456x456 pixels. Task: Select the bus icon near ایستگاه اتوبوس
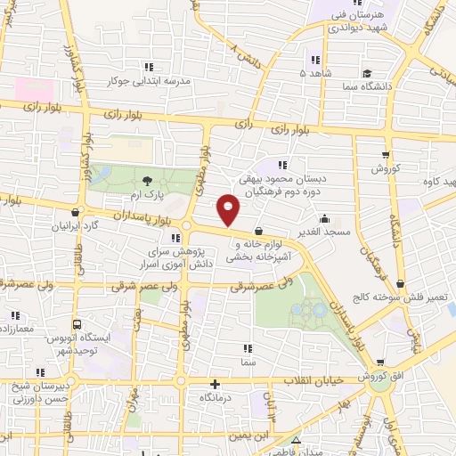tap(77, 325)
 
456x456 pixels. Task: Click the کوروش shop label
tap(388, 167)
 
